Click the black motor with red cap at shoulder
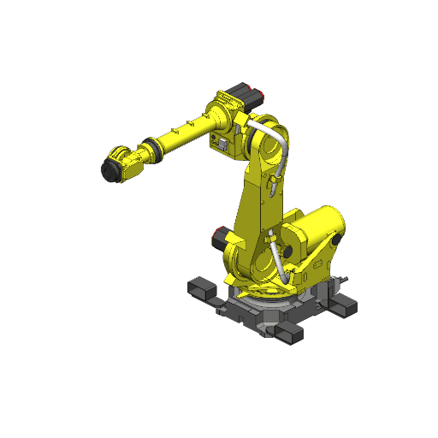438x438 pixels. [x=221, y=237]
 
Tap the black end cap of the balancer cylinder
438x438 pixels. [x=337, y=242]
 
